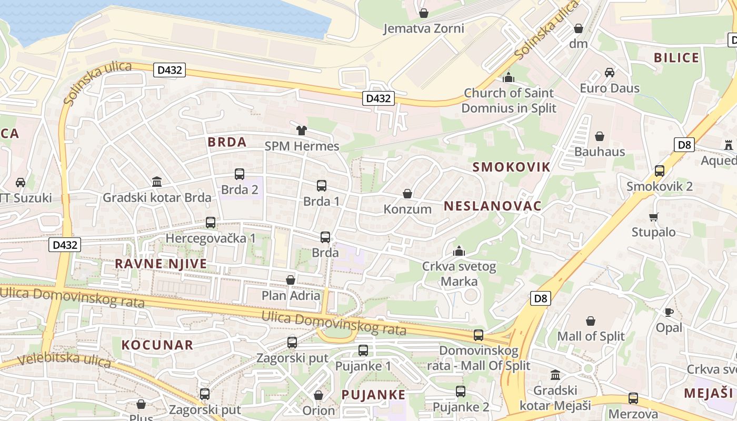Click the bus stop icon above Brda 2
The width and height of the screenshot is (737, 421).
pos(240,174)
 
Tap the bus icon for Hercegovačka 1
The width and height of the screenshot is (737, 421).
pos(211,223)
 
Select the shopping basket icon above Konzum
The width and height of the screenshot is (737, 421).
pos(407,194)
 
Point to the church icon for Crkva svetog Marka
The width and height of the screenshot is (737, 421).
pos(459,251)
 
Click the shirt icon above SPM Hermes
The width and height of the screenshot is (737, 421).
pos(302,130)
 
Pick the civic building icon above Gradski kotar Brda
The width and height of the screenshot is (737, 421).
pos(157,182)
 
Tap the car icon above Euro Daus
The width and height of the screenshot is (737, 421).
pos(610,73)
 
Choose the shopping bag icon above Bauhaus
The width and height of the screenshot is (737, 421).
pos(599,137)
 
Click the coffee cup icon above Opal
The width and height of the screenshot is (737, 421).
pos(669,312)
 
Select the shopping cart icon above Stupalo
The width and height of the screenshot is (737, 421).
pos(654,217)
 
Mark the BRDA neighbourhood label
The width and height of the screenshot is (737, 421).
pos(227,142)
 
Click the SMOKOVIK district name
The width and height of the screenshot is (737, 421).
pos(511,167)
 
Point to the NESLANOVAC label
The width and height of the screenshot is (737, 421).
pos(492,206)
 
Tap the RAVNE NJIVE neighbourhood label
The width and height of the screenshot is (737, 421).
pos(161,264)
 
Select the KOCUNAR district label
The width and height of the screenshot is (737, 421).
pos(158,345)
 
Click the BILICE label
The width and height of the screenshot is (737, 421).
pos(676,58)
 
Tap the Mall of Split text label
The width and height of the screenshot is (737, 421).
pos(591,336)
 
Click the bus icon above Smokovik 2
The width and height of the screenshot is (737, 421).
pos(660,171)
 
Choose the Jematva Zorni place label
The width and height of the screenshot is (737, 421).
pos(424,28)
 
